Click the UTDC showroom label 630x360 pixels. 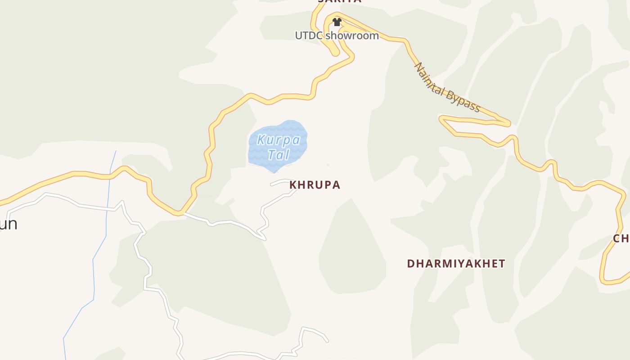tap(337, 35)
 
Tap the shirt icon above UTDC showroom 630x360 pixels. tap(337, 22)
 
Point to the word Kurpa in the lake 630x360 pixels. tap(279, 140)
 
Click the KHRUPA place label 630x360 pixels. tap(315, 185)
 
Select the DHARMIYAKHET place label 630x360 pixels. tap(456, 264)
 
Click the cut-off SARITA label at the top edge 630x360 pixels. tap(339, 1)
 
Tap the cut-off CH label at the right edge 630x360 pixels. tap(621, 238)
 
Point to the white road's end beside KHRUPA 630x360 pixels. tap(272, 184)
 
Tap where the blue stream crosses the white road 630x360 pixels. tap(107, 209)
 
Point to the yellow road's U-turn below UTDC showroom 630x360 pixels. tap(336, 53)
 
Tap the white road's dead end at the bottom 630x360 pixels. tap(327, 341)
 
